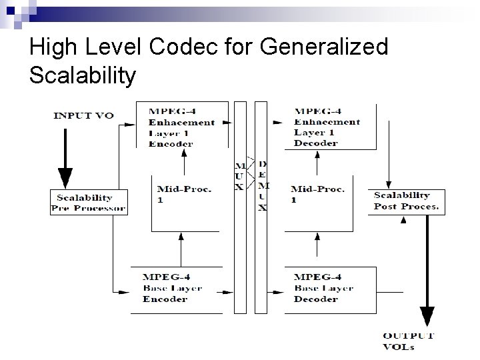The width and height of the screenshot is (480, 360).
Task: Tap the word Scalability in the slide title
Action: click(x=83, y=75)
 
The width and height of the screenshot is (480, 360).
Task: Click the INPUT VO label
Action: click(x=83, y=115)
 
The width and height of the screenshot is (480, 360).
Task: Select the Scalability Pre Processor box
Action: click(x=88, y=203)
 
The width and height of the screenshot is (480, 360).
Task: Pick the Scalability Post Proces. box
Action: click(x=407, y=201)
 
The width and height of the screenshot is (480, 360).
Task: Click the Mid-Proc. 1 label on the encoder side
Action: click(x=184, y=194)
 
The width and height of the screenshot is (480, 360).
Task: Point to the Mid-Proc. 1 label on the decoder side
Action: click(x=317, y=194)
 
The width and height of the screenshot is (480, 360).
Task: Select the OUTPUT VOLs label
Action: click(x=409, y=340)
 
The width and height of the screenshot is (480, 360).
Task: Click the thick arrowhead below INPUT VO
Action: click(x=65, y=178)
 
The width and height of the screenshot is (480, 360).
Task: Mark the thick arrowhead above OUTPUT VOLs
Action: click(x=427, y=315)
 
